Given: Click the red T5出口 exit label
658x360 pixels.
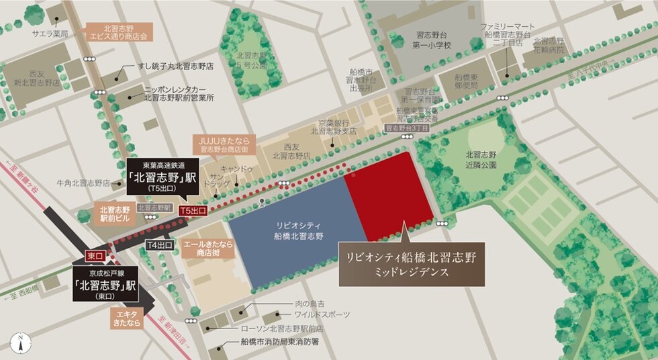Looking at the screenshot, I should (193, 210).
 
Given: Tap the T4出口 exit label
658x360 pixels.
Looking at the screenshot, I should (160, 245).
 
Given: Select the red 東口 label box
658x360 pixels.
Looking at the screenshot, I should (94, 256).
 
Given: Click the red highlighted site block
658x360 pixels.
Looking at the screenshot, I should (389, 195).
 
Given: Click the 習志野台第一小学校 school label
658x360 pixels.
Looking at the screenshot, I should (430, 41).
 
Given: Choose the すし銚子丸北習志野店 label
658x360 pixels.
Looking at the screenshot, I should (175, 67).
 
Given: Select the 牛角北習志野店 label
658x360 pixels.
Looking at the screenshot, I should (83, 182).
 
